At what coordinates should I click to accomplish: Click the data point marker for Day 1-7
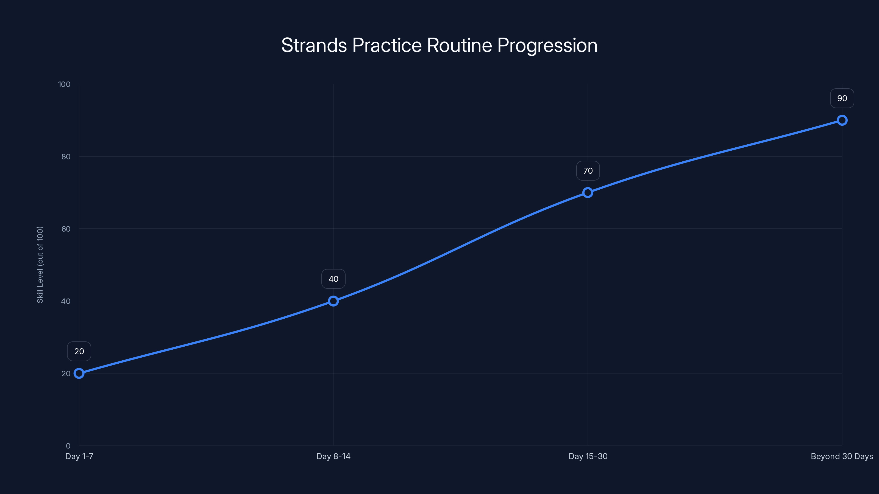pyautogui.click(x=79, y=373)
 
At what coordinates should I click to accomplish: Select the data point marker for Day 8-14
pyautogui.click(x=333, y=301)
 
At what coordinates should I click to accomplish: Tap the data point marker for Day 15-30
pyautogui.click(x=588, y=193)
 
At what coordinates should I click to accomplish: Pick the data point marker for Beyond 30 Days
pyautogui.click(x=842, y=120)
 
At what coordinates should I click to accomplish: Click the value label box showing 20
pyautogui.click(x=79, y=351)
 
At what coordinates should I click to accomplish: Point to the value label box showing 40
pyautogui.click(x=333, y=279)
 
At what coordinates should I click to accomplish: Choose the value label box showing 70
pyautogui.click(x=588, y=171)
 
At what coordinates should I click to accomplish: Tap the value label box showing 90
pyautogui.click(x=842, y=98)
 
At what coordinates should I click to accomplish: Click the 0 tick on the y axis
pyautogui.click(x=68, y=446)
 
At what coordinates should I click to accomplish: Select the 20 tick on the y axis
pyautogui.click(x=66, y=373)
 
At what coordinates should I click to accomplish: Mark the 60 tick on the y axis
pyautogui.click(x=66, y=229)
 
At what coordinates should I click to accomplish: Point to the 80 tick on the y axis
pyautogui.click(x=66, y=156)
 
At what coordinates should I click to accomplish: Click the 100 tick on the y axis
pyautogui.click(x=64, y=84)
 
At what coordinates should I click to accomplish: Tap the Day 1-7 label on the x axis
pyautogui.click(x=79, y=456)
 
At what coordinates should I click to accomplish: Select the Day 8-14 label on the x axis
pyautogui.click(x=333, y=456)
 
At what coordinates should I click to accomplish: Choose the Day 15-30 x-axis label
pyautogui.click(x=588, y=456)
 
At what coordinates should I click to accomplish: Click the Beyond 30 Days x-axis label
pyautogui.click(x=842, y=456)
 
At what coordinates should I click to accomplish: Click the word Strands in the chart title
pyautogui.click(x=314, y=45)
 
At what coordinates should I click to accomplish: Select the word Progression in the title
pyautogui.click(x=547, y=45)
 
